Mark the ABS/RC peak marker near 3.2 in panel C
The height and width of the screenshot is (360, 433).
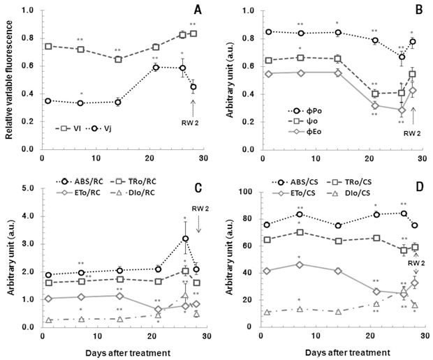click(185, 239)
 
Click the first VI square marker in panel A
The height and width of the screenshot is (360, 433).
click(48, 46)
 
